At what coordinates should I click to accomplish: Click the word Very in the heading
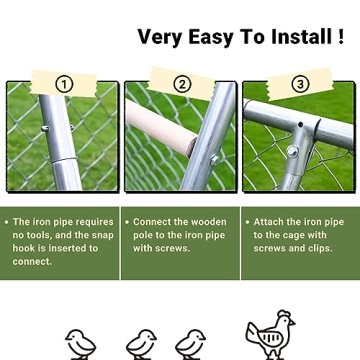pos(160,38)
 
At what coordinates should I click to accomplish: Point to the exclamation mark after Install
pos(340,38)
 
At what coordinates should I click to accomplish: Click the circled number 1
pos(63,84)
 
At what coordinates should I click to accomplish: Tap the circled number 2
pos(181,84)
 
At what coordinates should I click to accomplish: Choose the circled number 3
pos(299,84)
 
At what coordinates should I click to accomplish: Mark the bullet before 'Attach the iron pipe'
pos(246,222)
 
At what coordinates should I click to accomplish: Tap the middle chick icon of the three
pos(141,343)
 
